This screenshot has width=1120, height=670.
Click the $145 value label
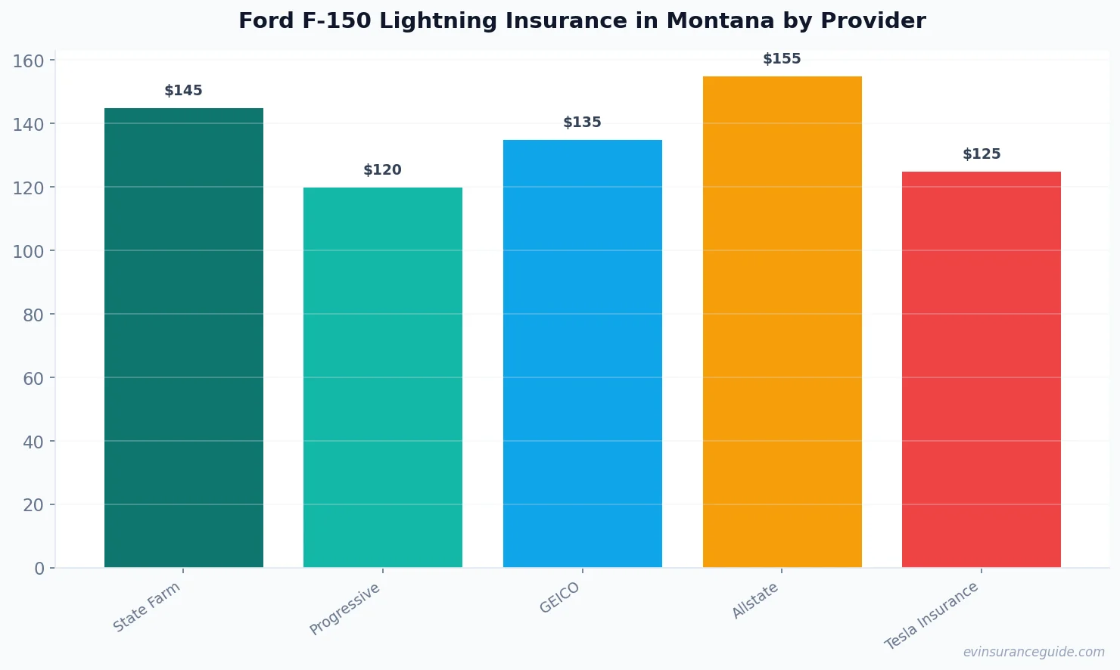[184, 91]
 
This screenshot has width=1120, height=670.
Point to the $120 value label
[383, 170]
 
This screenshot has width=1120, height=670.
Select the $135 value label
[583, 123]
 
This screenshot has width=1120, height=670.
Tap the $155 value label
[782, 59]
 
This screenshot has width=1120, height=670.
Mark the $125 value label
[982, 154]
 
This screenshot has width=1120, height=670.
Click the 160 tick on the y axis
[29, 60]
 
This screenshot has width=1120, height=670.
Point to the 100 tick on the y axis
[29, 251]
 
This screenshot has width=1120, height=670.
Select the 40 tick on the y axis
[33, 442]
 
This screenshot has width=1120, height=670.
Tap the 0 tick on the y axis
[39, 569]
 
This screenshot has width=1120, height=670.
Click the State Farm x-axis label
[147, 607]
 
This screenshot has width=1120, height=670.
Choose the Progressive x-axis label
[345, 610]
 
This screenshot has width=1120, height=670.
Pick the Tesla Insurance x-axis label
[932, 616]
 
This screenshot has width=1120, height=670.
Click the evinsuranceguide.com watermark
[1034, 652]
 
